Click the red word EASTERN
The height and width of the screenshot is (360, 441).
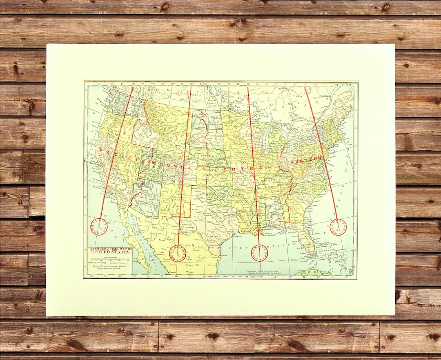point(307,162)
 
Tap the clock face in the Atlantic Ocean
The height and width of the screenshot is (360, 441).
point(338,227)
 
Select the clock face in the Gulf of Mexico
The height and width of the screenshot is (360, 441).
point(259,253)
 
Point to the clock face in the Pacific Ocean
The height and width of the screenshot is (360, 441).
point(99,227)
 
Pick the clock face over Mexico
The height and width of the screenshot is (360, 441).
point(178,253)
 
